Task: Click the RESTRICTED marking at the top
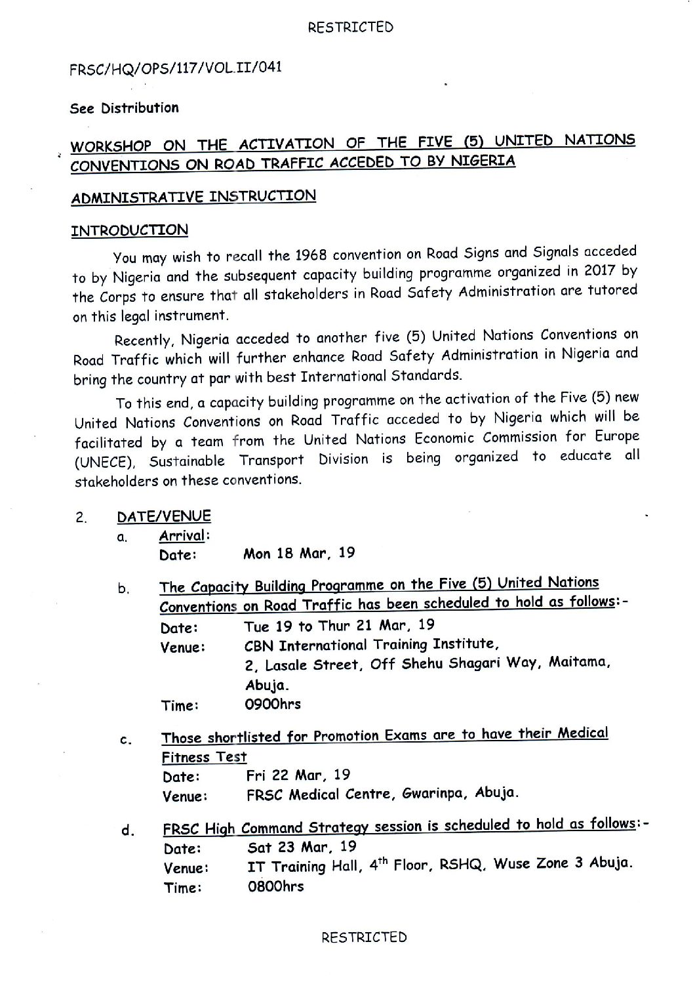[x=350, y=27]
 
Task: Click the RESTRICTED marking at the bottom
[x=364, y=937]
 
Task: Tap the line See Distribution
[x=125, y=108]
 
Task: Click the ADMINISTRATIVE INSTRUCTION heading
[x=193, y=196]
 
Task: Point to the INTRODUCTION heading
[x=129, y=230]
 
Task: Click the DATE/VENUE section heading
[x=164, y=517]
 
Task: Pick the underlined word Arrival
[x=182, y=535]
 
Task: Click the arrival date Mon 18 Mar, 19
[x=299, y=553]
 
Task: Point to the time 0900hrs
[x=273, y=704]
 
